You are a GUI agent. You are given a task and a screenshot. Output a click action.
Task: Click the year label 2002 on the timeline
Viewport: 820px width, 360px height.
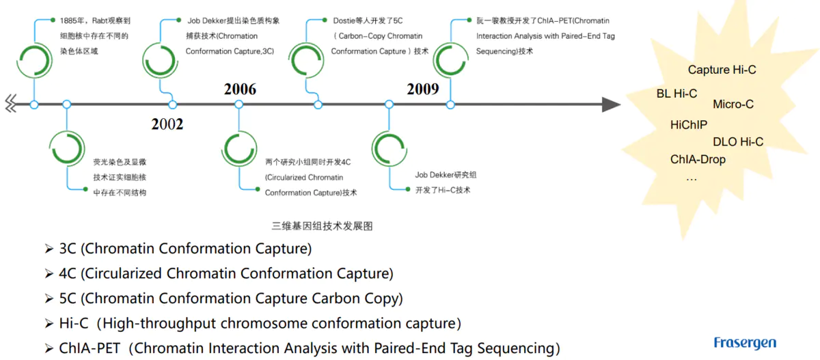(167, 124)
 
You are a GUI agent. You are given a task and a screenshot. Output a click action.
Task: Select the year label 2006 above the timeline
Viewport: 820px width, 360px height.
(240, 89)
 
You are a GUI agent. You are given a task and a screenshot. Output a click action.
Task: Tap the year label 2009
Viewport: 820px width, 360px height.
(423, 89)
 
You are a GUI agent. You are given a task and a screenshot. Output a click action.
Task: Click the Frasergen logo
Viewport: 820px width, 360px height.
(745, 342)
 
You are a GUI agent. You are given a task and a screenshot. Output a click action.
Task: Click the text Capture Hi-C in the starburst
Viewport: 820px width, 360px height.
(722, 70)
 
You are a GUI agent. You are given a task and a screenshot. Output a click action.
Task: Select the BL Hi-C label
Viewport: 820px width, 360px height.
(676, 94)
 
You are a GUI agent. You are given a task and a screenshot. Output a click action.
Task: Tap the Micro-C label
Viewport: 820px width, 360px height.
(733, 105)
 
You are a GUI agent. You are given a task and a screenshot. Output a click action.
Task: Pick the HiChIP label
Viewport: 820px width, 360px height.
(689, 124)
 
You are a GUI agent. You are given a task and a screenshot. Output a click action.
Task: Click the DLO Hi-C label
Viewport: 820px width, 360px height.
(738, 142)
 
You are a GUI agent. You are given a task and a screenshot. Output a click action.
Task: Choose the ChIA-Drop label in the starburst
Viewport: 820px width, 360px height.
(698, 159)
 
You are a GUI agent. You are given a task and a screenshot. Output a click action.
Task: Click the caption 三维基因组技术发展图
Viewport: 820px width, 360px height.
(323, 225)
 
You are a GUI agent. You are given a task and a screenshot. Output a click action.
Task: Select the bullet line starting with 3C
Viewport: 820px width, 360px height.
(184, 249)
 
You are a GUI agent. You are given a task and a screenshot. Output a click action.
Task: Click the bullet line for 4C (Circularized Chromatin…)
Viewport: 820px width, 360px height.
(225, 274)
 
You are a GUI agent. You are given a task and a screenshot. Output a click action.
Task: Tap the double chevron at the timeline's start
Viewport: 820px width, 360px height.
(11, 104)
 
